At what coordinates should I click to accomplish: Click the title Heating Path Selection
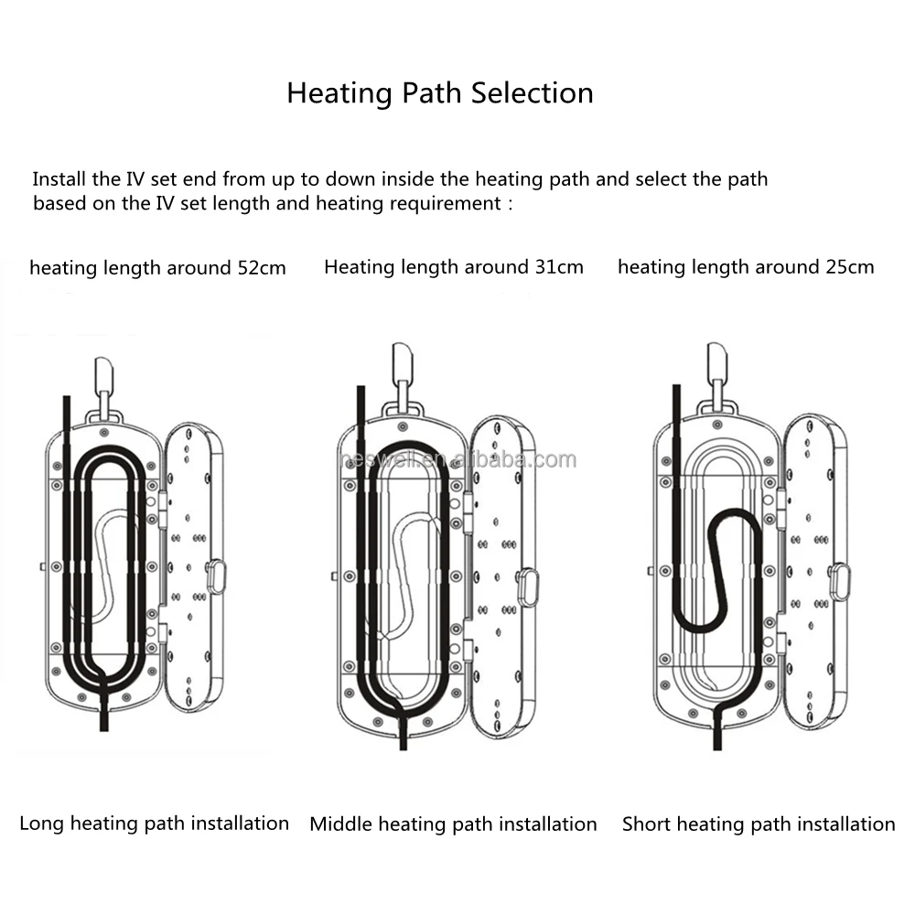[439, 93]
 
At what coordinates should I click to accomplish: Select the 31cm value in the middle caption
[559, 267]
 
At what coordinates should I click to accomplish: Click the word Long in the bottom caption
[42, 823]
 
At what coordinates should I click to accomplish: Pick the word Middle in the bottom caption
[340, 824]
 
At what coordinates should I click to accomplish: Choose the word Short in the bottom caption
[647, 824]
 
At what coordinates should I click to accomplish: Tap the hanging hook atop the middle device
[404, 364]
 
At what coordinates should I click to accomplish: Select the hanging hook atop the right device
[716, 364]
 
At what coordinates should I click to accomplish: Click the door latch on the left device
[216, 577]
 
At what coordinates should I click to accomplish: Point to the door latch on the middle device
[527, 587]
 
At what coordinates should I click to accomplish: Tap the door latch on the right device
[839, 581]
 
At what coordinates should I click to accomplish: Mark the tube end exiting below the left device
[103, 720]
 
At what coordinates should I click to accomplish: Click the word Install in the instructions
[60, 178]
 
